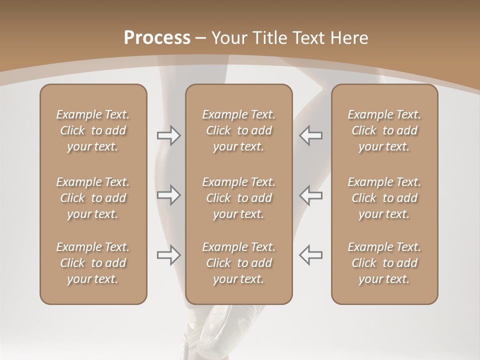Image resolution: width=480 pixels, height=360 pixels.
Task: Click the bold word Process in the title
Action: coord(157,38)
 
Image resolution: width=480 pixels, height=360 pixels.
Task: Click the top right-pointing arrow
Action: coord(169,135)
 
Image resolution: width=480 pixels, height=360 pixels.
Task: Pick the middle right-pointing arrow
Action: coord(169,195)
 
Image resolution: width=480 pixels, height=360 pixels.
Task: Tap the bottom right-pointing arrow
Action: coord(169,255)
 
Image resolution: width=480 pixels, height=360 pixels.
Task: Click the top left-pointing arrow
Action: coord(310,135)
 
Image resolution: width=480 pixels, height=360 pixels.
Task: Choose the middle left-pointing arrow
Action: coord(310,195)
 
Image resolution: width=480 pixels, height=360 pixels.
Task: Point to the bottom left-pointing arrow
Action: coord(310,254)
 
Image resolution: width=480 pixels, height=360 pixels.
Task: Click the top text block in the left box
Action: coord(93,130)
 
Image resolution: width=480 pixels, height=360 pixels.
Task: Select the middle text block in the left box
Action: coord(93,198)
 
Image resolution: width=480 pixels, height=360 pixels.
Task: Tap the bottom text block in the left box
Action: coord(93,263)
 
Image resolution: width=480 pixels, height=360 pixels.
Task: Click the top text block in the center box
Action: coord(239,130)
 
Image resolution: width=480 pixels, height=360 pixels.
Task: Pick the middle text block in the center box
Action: coord(239,198)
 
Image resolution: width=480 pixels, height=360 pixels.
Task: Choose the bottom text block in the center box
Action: coord(239,263)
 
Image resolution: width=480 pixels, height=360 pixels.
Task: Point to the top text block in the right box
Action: coord(384,130)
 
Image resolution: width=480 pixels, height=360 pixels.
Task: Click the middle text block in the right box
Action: coord(384,198)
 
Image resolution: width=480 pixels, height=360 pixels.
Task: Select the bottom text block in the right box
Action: coord(384,263)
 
